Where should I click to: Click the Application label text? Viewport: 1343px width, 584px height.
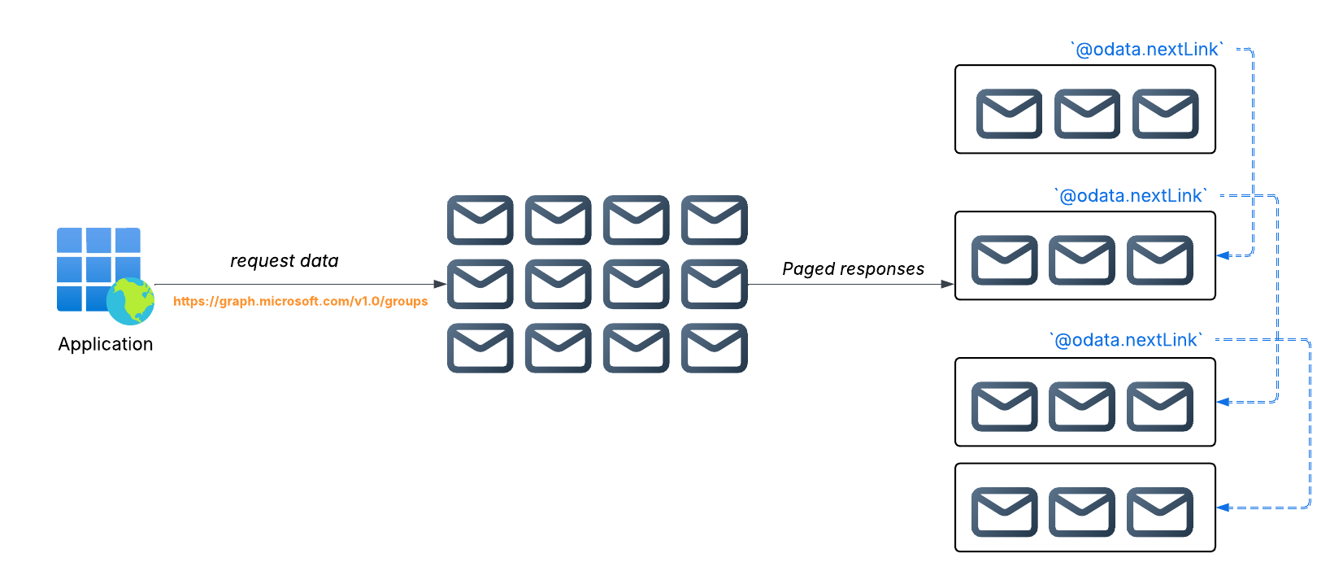pos(105,344)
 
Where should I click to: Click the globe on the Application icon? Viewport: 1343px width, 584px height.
pos(130,301)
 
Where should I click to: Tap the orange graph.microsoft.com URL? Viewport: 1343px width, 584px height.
pos(300,301)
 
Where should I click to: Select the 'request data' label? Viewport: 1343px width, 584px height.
pos(284,261)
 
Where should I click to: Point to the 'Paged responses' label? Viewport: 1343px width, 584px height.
pos(853,269)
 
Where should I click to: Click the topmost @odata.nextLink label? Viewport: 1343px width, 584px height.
pos(1146,50)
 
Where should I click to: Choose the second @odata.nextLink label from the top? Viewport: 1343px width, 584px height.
pos(1130,196)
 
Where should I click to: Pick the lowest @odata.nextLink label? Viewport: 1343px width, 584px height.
pos(1125,340)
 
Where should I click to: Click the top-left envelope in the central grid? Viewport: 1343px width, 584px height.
pos(480,220)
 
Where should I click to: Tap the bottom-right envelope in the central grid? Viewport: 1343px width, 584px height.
pos(714,348)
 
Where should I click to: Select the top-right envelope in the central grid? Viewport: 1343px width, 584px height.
pos(714,220)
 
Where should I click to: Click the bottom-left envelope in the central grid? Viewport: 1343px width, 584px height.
pos(480,348)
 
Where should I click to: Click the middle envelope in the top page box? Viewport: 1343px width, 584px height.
pos(1087,114)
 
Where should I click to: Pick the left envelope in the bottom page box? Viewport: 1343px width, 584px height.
pos(1004,512)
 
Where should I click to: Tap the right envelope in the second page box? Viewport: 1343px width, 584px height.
pos(1160,260)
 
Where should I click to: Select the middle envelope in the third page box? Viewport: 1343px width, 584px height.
pos(1082,406)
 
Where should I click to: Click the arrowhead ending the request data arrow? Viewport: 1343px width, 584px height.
pos(440,284)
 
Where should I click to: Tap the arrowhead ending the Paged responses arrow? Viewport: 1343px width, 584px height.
pos(947,284)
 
